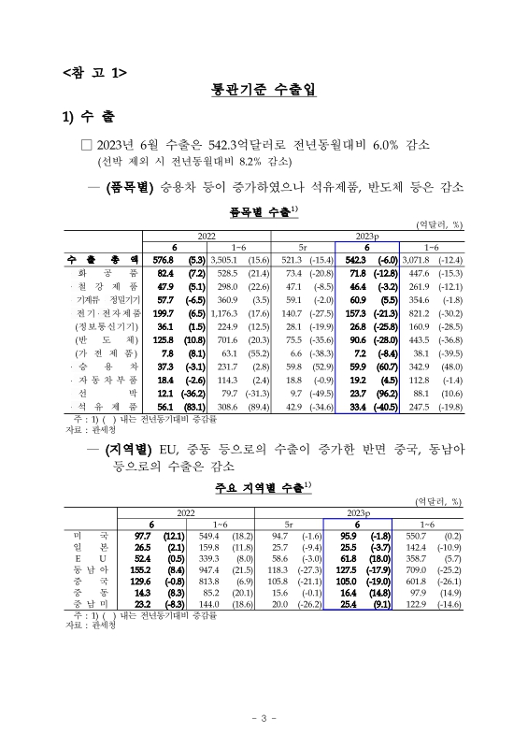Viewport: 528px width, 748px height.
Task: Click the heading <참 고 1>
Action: (93, 72)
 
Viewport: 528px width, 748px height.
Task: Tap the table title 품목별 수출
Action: (263, 213)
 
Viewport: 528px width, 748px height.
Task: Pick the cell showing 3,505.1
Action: (225, 258)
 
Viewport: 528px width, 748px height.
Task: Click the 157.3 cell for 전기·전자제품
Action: (357, 313)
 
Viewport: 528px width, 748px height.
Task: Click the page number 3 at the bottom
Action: (264, 717)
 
